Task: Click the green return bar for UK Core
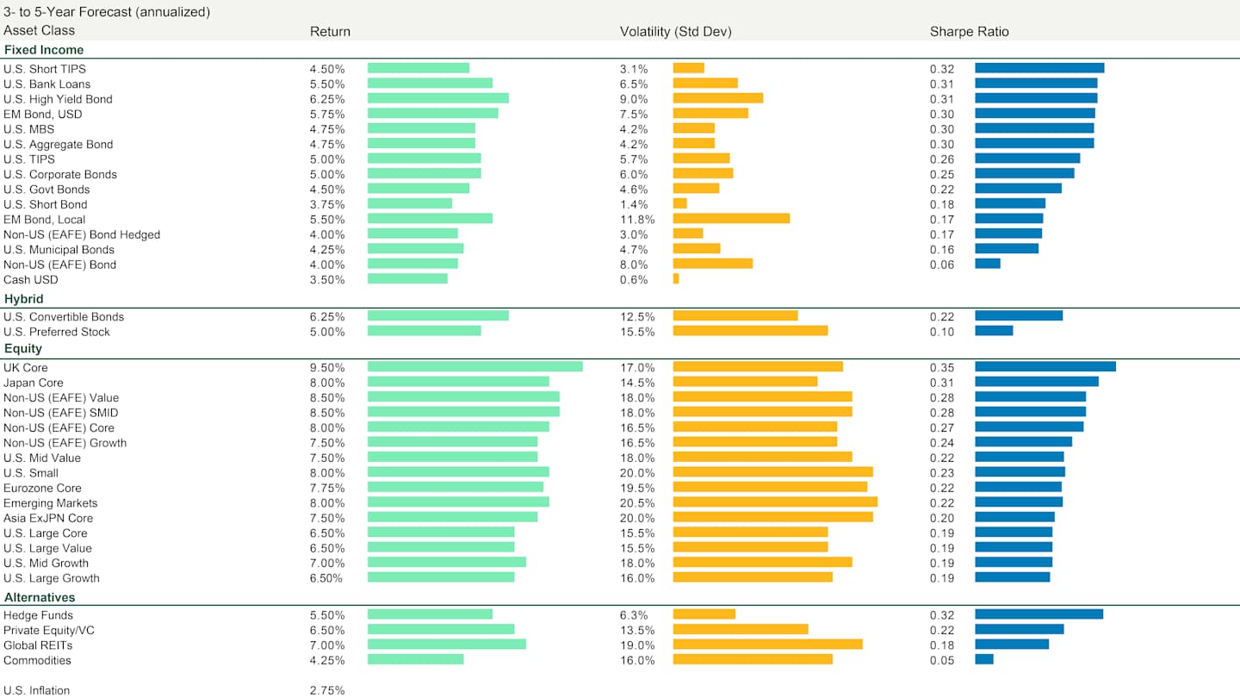474,367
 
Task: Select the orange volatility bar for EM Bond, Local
731,219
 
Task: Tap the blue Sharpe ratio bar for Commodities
983,659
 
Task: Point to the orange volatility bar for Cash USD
676,279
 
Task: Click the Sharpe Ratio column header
969,32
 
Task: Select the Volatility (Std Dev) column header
675,32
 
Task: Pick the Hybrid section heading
23,299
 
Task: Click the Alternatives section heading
39,597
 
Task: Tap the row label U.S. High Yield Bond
58,99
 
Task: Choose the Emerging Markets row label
50,503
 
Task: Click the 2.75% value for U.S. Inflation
327,690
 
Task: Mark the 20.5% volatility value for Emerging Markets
637,503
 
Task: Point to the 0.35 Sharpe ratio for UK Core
942,368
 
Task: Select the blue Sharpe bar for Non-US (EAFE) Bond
987,264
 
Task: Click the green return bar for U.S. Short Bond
409,204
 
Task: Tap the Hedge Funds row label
38,615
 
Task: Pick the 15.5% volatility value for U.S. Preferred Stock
637,332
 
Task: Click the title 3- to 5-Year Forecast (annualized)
107,12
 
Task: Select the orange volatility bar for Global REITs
767,645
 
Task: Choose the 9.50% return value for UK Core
327,368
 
